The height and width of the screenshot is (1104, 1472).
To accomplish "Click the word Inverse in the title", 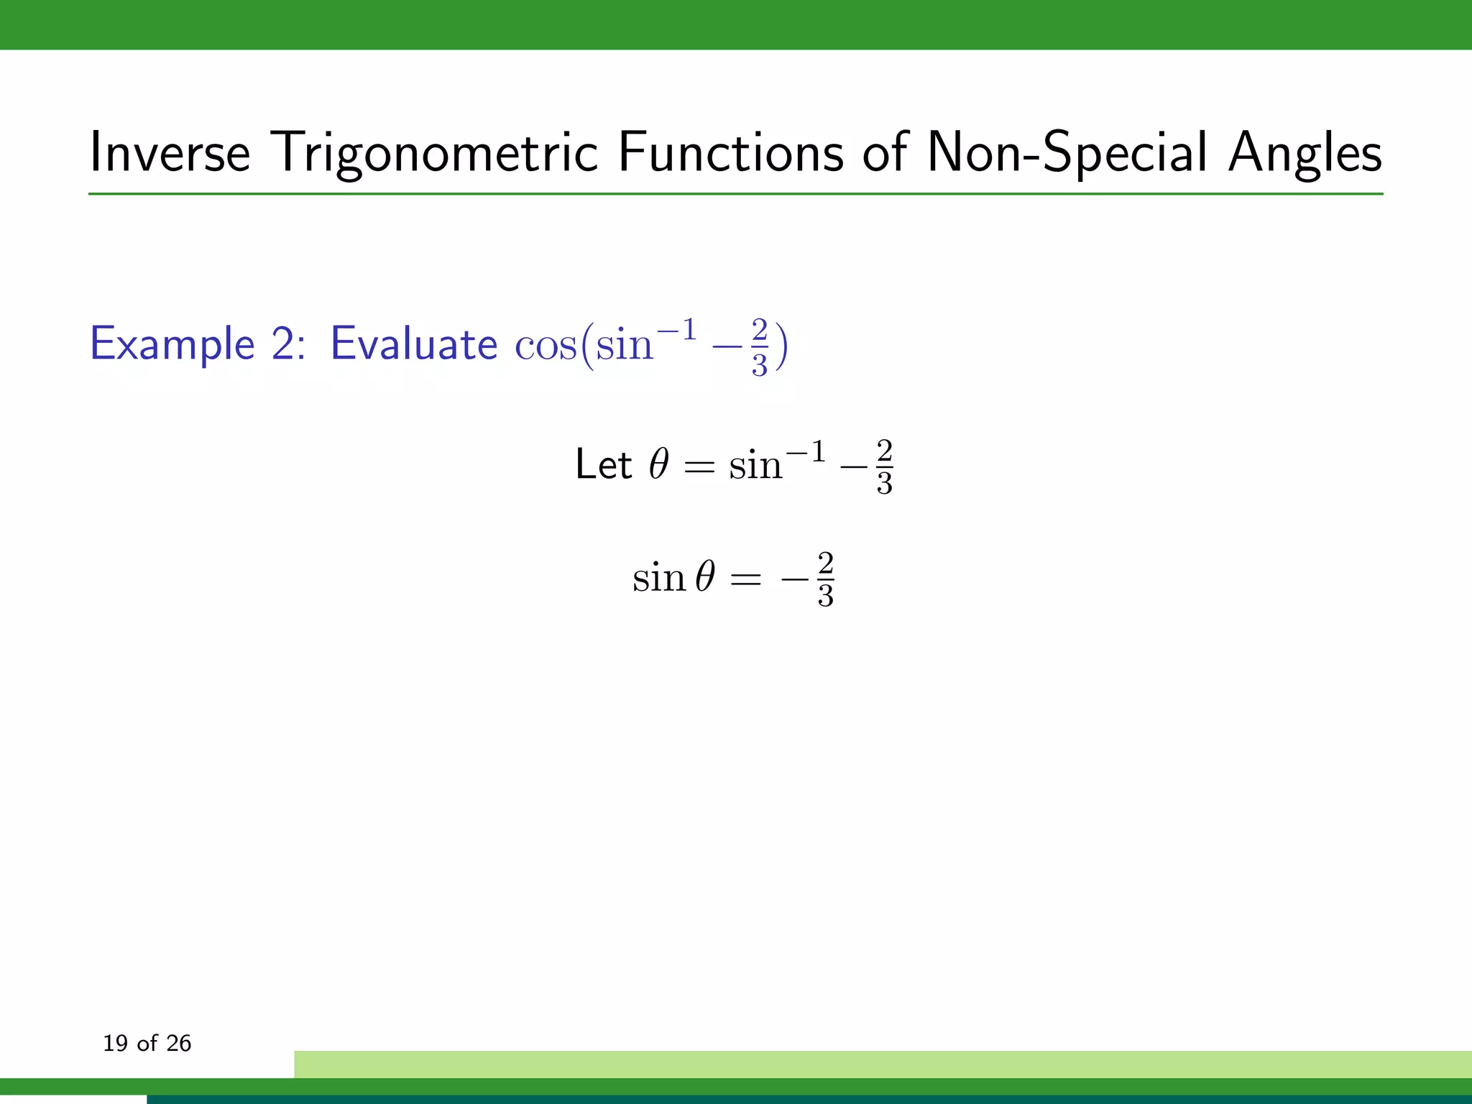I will tap(170, 152).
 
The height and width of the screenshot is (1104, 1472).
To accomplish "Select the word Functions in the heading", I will tap(730, 152).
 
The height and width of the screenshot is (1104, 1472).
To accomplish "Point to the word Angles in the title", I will tap(1305, 152).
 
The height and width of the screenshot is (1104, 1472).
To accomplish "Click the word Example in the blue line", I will tap(172, 344).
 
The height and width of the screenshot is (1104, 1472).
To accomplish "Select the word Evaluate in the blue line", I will tap(413, 344).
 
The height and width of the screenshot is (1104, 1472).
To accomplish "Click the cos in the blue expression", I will tap(545, 345).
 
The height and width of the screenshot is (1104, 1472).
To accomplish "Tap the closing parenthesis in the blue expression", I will tap(781, 346).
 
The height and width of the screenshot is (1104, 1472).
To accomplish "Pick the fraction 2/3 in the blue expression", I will tap(760, 348).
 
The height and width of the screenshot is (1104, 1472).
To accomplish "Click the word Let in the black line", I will tap(603, 464).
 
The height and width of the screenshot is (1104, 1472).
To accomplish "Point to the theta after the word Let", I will tap(658, 464).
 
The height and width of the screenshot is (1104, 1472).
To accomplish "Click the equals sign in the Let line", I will tap(699, 468).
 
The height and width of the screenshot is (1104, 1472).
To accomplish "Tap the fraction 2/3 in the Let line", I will tap(884, 467).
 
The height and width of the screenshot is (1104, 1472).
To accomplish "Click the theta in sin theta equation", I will tap(705, 576).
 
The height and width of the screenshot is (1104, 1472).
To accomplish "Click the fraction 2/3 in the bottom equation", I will tap(825, 579).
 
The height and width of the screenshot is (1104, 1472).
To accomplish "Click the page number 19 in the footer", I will tap(115, 1043).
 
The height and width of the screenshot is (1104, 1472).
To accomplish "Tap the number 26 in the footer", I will tap(178, 1043).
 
